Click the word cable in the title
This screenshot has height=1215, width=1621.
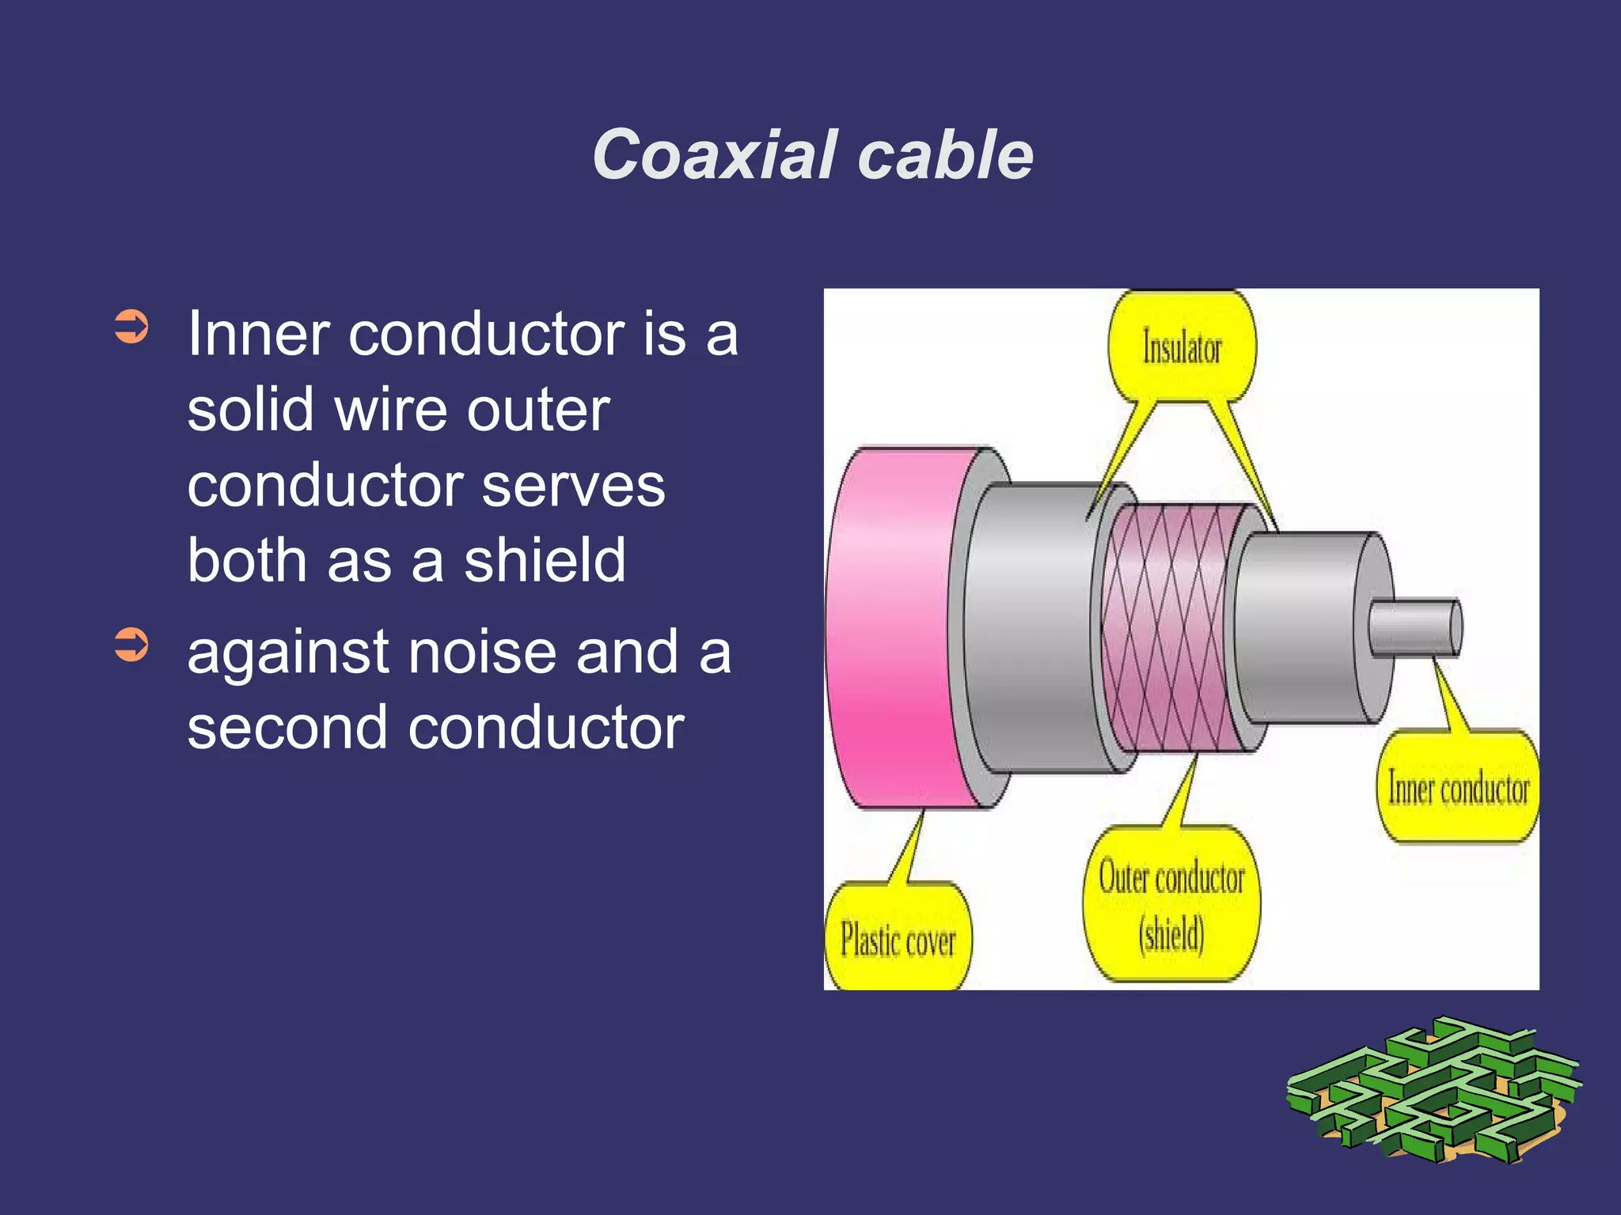point(945,155)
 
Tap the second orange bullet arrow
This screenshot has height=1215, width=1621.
point(131,644)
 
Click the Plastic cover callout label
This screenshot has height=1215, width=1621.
point(898,939)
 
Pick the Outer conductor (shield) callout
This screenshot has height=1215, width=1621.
point(1171,905)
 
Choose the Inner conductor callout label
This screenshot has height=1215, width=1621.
point(1459,788)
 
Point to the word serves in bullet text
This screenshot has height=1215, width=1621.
point(573,485)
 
